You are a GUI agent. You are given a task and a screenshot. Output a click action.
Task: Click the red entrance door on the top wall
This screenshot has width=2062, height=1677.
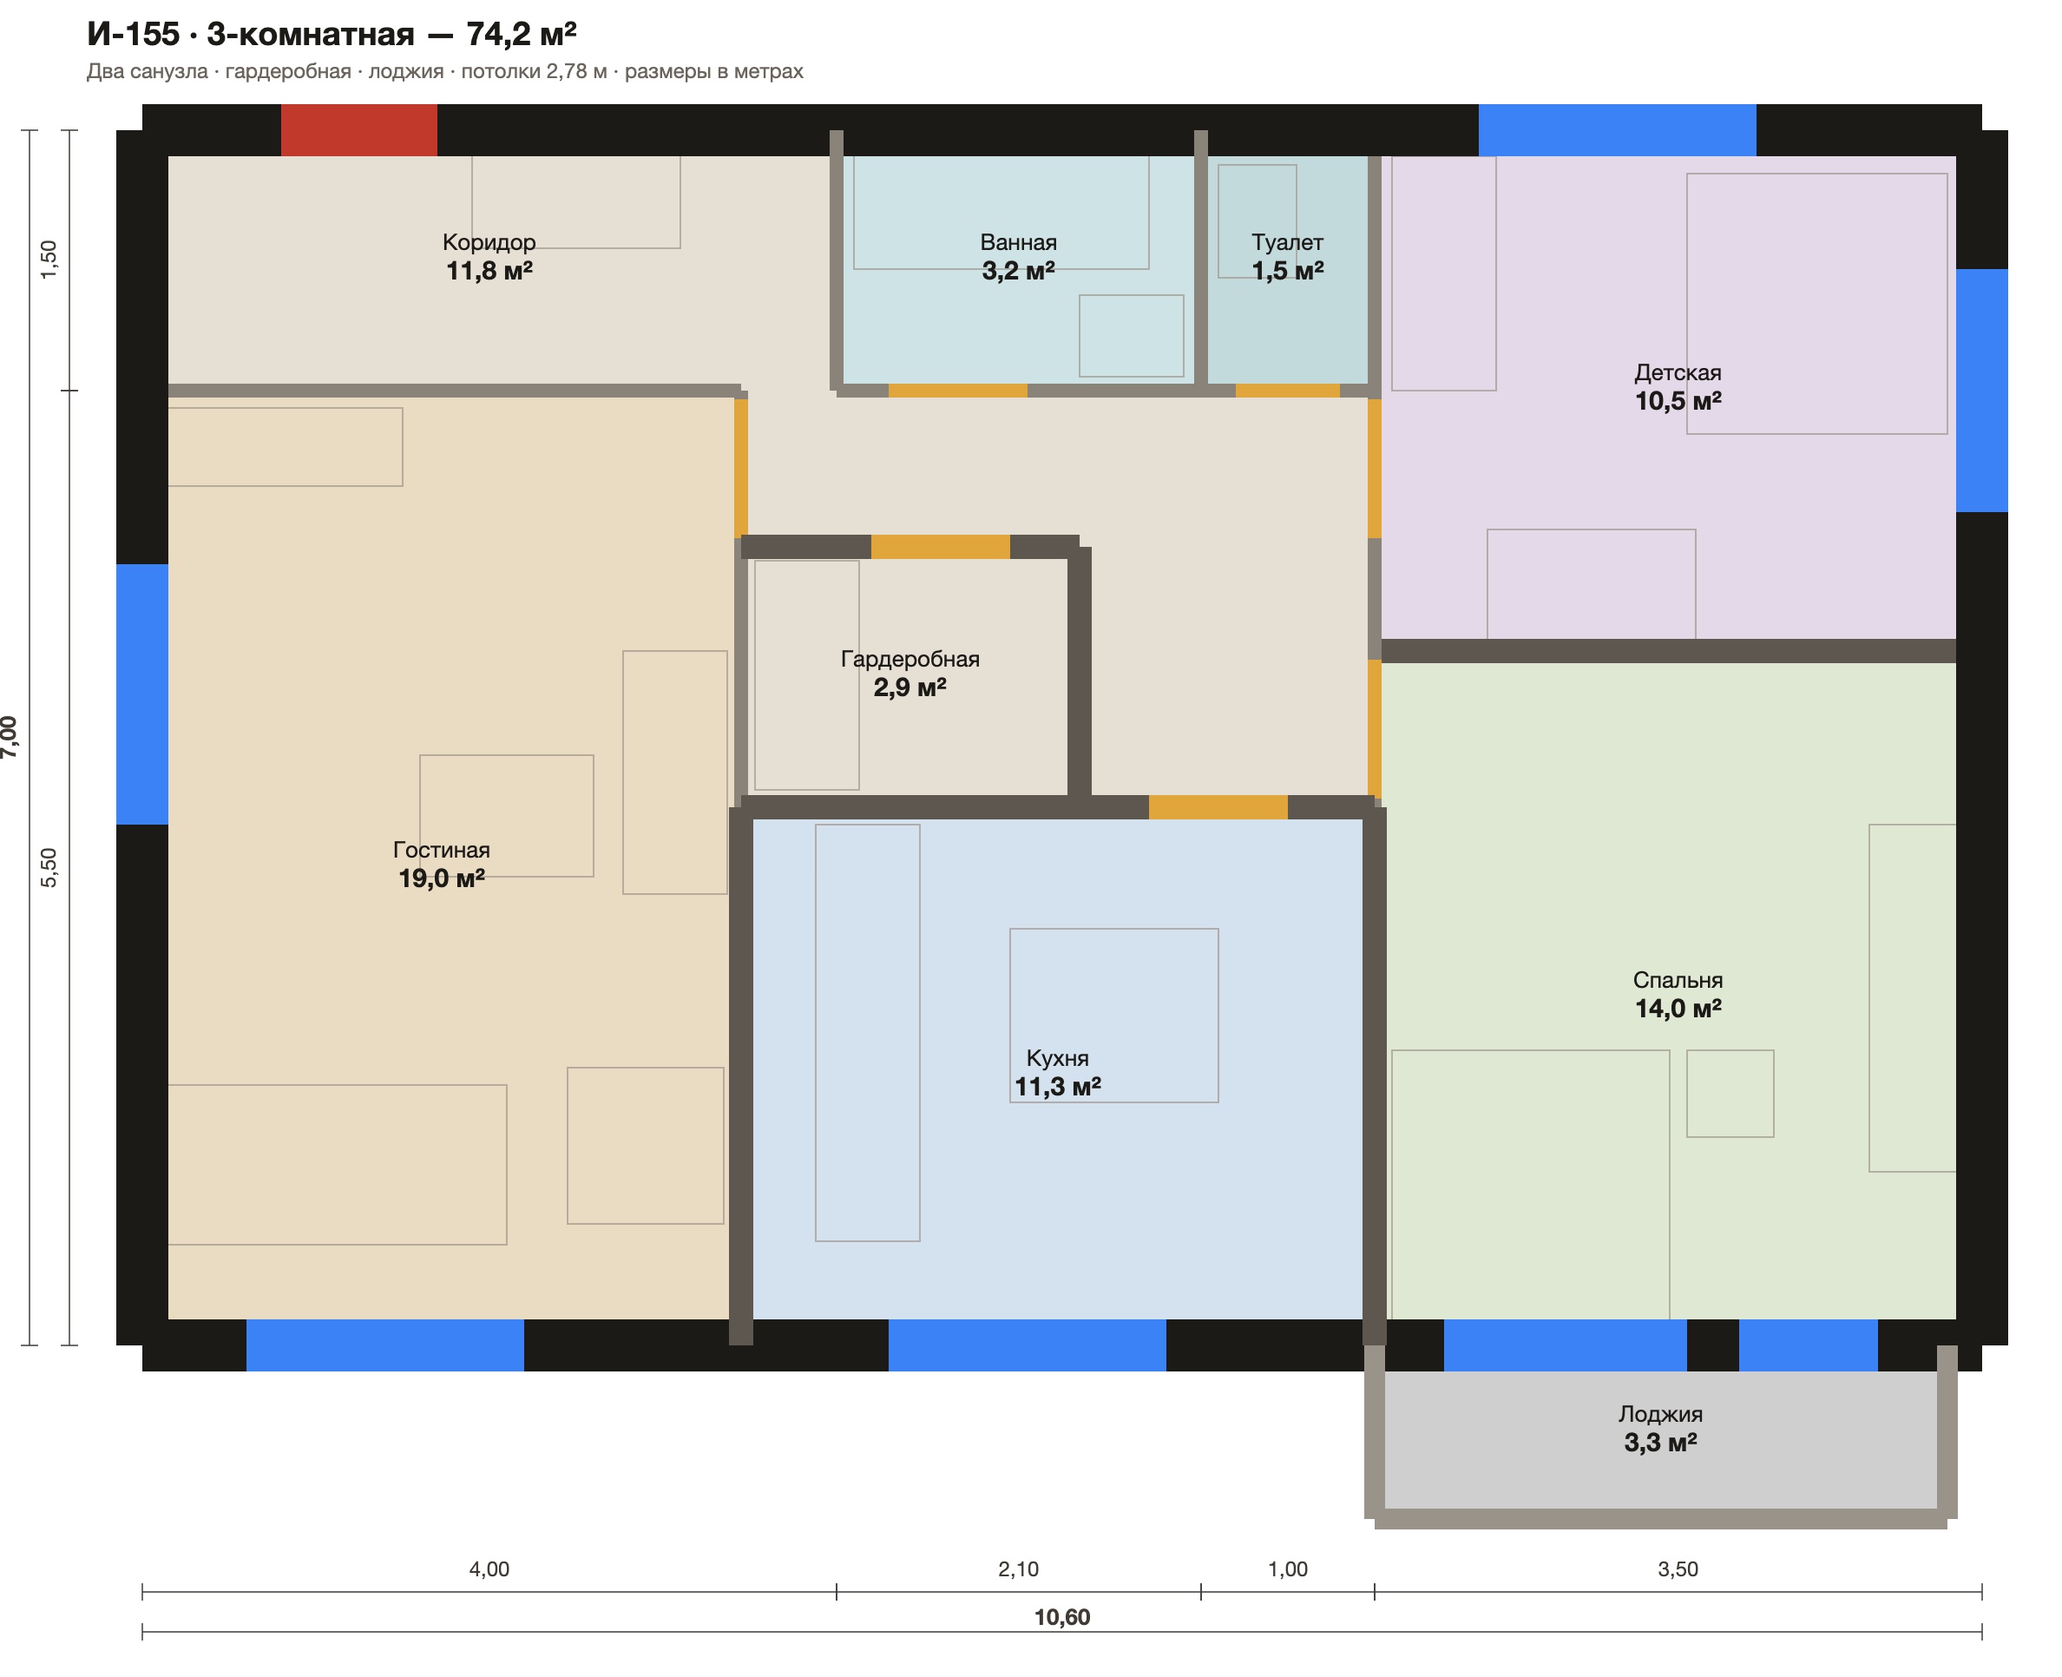358,129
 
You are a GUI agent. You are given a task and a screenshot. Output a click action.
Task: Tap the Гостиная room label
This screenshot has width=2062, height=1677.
442,850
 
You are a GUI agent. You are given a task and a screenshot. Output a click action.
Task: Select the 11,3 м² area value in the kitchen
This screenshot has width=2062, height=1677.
1058,1087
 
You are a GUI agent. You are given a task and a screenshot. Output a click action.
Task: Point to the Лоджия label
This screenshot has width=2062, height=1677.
1660,1414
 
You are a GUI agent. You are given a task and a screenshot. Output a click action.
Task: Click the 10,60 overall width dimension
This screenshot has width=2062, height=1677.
1062,1617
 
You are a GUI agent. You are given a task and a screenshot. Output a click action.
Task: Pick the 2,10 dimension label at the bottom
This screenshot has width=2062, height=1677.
1019,1568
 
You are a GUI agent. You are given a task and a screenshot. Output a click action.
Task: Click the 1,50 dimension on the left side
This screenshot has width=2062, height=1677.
49,260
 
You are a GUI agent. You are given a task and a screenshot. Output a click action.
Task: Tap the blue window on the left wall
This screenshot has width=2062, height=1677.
142,694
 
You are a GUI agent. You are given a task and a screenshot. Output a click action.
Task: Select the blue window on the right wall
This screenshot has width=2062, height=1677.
1982,391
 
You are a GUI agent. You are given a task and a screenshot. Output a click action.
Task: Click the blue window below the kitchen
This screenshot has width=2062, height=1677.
1028,1345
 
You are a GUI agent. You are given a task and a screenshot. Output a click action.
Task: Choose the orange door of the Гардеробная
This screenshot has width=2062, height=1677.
941,547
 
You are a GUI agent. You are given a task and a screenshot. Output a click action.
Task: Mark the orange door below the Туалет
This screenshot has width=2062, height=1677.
1287,391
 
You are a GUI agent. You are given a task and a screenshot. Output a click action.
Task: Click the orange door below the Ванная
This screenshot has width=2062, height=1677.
958,391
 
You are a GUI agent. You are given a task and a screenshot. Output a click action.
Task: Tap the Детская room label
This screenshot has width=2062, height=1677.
1678,373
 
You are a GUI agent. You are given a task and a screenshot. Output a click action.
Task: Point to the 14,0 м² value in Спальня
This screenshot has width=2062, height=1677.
1678,1009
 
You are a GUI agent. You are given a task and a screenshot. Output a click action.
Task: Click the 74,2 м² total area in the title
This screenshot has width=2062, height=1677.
522,34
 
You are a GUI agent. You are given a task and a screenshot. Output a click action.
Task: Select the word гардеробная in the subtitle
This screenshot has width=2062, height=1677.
288,71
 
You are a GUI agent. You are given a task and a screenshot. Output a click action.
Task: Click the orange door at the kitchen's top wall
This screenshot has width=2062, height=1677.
1218,807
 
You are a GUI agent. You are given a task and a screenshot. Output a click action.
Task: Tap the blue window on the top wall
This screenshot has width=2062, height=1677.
1618,129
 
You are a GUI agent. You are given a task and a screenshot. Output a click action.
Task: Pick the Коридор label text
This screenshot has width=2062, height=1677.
489,242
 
